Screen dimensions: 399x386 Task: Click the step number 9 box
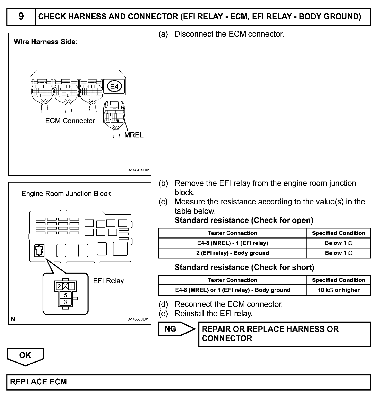point(21,17)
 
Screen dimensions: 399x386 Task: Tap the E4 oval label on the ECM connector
point(114,87)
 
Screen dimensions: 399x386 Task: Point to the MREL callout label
point(134,135)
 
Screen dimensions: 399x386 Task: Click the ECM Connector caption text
point(70,121)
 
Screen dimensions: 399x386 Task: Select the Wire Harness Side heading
point(46,42)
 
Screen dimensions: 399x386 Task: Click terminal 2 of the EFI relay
point(59,286)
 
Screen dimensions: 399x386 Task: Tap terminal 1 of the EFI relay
point(72,286)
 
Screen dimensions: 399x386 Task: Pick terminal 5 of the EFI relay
point(65,295)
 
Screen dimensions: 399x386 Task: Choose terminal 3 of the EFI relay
point(65,302)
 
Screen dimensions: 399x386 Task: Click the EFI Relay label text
point(108,281)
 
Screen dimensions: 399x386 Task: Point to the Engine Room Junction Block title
point(66,194)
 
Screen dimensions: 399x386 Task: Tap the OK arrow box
point(25,356)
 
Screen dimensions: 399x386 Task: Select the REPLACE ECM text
point(38,382)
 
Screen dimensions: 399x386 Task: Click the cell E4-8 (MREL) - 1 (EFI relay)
point(233,243)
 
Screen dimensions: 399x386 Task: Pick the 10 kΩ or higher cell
point(339,290)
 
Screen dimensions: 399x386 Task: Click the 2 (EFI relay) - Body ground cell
point(233,253)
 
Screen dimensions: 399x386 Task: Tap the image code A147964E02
point(139,170)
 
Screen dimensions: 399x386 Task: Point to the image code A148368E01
point(139,319)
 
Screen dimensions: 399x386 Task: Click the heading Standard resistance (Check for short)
point(244,267)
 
